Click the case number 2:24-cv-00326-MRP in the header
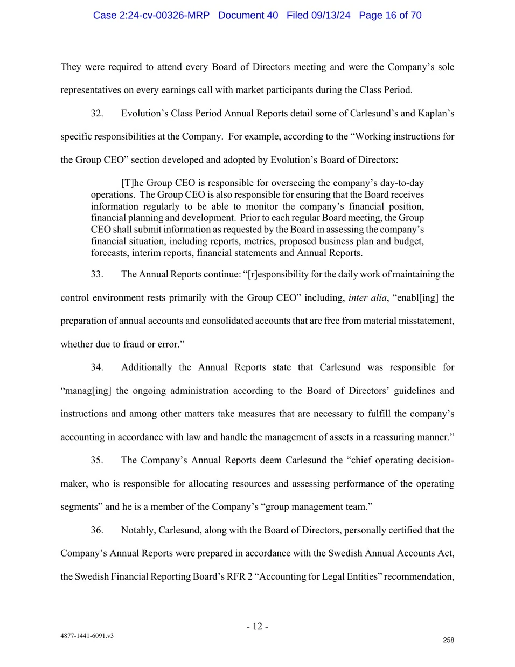tap(151, 15)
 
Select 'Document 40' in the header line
tap(248, 15)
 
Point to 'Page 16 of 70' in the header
tap(390, 15)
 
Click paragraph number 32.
tap(97, 113)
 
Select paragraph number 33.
tap(97, 274)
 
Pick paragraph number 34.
tap(97, 367)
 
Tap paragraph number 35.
tap(97, 460)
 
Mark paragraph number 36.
tap(97, 530)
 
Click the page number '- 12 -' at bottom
tap(257, 626)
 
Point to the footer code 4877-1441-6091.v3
tap(87, 636)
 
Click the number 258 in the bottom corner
tap(448, 640)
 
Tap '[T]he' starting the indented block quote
tap(133, 183)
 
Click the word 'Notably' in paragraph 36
tap(137, 530)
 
